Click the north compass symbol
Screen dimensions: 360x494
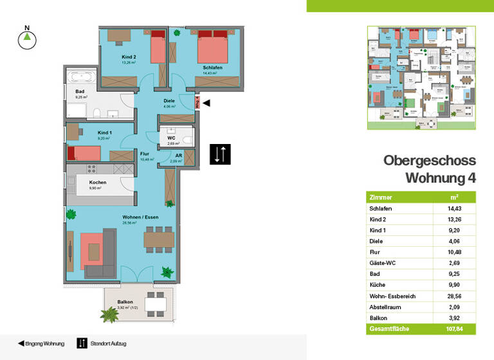click(26, 39)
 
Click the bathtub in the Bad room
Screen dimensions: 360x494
click(82, 78)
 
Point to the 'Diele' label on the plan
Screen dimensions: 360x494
click(169, 101)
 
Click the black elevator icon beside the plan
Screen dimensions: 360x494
click(220, 154)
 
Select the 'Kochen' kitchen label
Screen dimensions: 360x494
click(98, 183)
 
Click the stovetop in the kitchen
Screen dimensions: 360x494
click(90, 168)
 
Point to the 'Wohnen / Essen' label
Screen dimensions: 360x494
click(140, 217)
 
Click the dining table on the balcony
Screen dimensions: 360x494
click(156, 301)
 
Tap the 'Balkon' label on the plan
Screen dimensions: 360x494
click(125, 301)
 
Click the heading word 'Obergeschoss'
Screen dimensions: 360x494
click(429, 161)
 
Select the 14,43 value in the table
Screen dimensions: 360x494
click(454, 208)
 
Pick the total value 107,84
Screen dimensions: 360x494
click(454, 329)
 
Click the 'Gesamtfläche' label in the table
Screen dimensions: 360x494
click(388, 329)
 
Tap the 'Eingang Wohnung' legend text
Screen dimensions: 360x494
click(44, 344)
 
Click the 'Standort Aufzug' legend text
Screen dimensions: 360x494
click(109, 344)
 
